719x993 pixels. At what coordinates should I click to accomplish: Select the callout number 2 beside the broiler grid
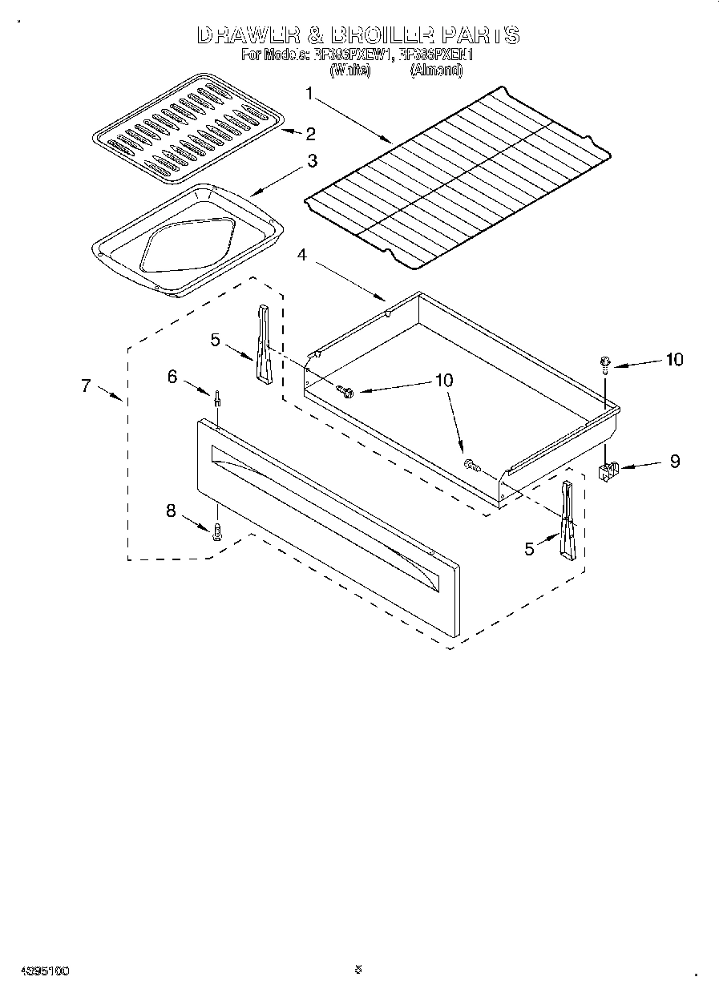point(309,133)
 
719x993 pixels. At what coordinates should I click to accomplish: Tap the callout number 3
point(311,161)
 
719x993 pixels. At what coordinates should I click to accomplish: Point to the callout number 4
point(301,255)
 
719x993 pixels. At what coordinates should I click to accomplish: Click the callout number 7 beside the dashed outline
point(86,385)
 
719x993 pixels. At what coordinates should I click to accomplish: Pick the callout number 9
point(674,462)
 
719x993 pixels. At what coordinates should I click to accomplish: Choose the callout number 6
point(172,376)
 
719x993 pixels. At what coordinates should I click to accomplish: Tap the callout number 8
point(171,511)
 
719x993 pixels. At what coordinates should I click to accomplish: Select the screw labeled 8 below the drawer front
point(216,531)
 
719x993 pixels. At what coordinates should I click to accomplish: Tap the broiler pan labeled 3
point(186,241)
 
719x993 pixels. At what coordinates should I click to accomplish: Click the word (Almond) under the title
point(436,70)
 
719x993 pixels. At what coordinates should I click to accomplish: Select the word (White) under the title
point(349,70)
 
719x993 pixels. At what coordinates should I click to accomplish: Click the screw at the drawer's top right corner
point(605,365)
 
